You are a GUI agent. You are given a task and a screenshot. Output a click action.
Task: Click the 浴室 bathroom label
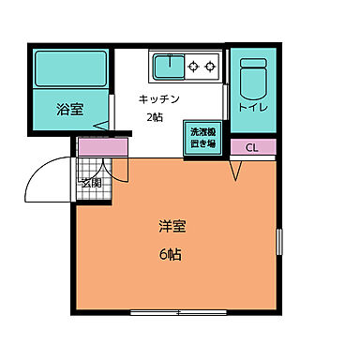click(69, 109)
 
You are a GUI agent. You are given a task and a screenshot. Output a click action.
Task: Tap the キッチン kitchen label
click(158, 98)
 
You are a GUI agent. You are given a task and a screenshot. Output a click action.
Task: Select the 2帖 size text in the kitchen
click(152, 117)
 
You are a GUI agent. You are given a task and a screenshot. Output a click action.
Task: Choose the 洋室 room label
click(171, 226)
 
